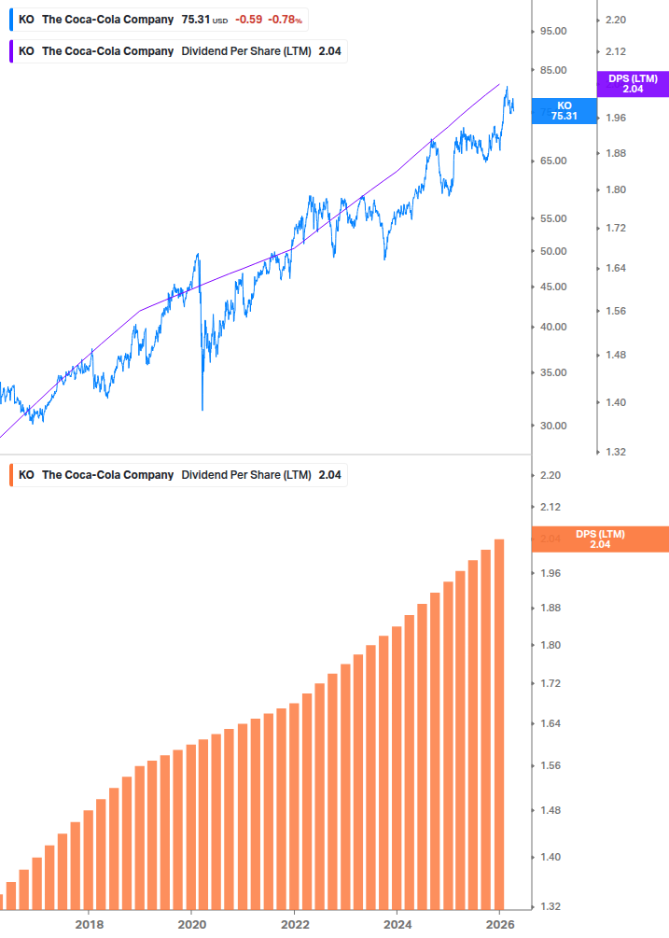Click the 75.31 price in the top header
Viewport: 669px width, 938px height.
[195, 20]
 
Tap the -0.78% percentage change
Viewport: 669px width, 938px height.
[286, 20]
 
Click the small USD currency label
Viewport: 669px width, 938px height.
[220, 21]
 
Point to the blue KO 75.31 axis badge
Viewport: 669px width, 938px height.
[564, 111]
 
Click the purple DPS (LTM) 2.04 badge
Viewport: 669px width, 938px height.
[632, 84]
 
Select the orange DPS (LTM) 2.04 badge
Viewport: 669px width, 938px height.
[599, 539]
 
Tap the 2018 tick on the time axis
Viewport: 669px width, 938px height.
[89, 925]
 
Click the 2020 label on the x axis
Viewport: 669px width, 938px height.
[191, 925]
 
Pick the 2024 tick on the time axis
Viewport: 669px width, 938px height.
[397, 925]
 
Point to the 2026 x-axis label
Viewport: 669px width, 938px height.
[500, 925]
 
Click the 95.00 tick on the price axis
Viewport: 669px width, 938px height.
[553, 31]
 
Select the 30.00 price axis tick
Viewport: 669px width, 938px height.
[553, 426]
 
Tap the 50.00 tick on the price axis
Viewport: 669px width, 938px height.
[553, 251]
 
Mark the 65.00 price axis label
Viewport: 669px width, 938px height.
[553, 161]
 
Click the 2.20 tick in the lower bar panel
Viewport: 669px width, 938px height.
[550, 476]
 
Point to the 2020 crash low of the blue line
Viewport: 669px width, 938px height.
[202, 407]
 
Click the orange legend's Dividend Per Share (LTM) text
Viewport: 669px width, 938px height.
[246, 475]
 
